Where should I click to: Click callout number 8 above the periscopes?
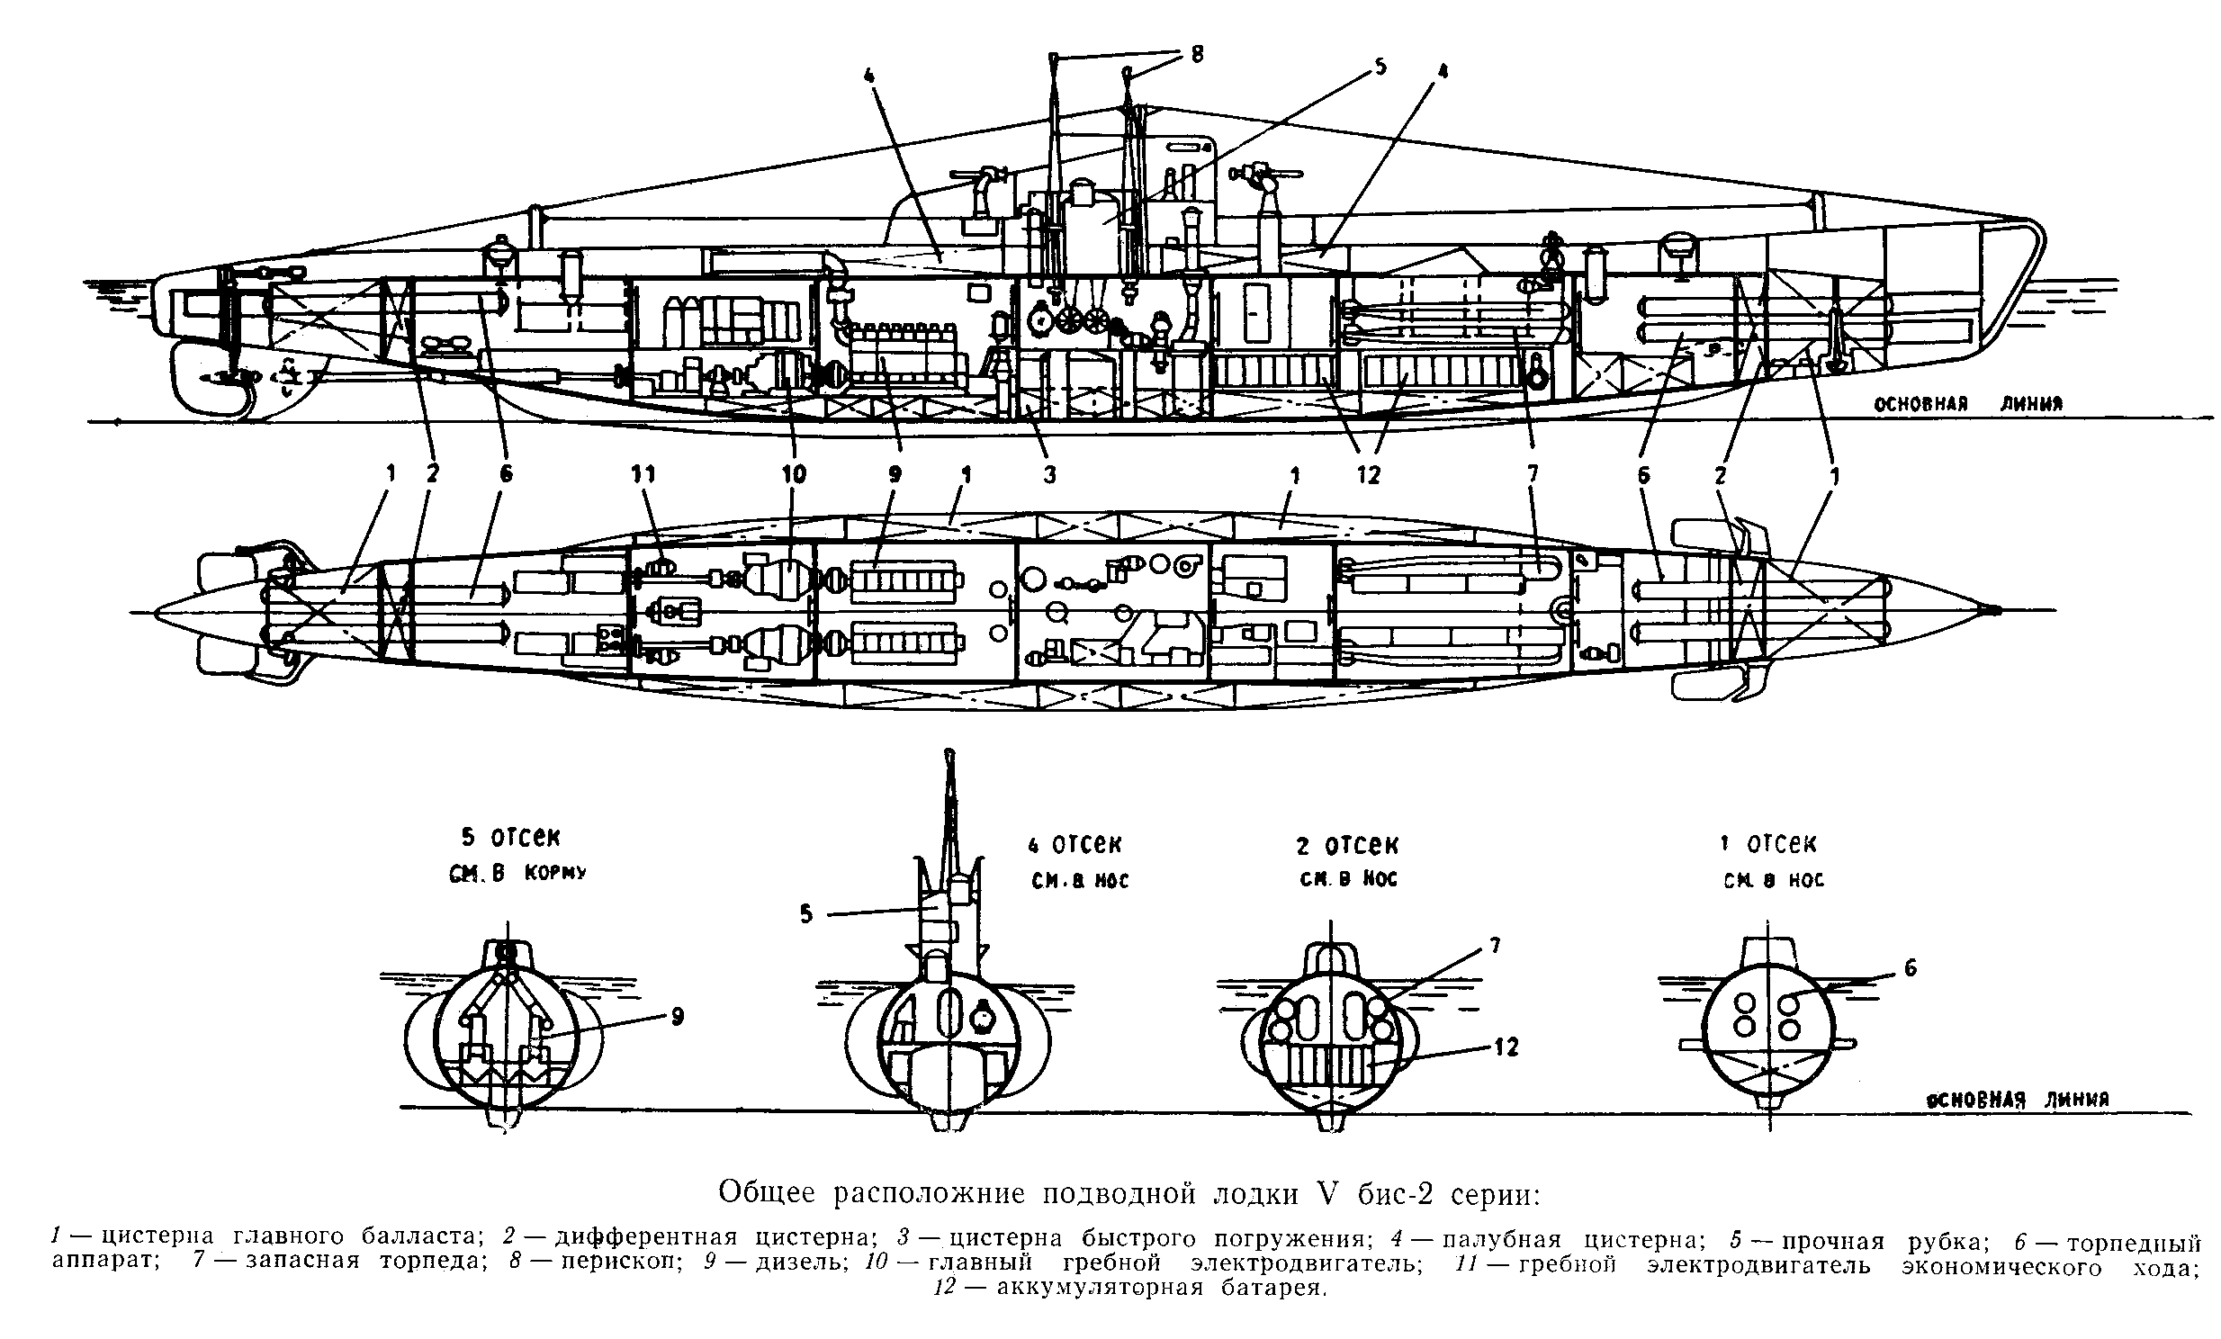1197,54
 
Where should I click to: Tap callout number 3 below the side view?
1049,474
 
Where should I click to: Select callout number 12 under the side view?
1368,475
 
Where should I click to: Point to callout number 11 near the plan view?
643,474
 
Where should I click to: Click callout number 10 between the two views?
794,474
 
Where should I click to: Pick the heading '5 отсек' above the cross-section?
510,837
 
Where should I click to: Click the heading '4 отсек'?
1075,845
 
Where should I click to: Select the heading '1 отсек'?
1768,844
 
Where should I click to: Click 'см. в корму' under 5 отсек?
517,873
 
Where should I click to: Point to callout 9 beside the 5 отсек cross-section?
677,1017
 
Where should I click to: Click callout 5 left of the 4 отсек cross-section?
805,914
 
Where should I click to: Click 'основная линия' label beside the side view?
1969,405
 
